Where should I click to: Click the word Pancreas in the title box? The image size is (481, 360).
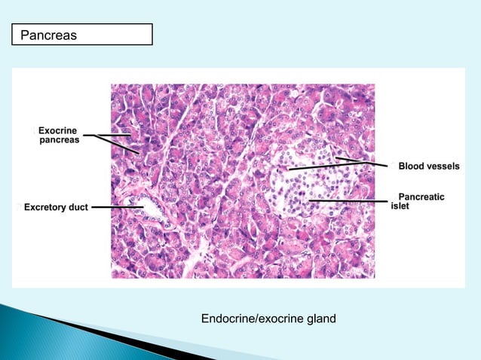pyautogui.click(x=48, y=35)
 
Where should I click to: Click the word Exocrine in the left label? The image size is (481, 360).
pyautogui.click(x=58, y=131)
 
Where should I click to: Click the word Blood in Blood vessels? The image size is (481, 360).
pyautogui.click(x=412, y=166)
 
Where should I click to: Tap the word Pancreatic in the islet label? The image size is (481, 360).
pyautogui.click(x=421, y=197)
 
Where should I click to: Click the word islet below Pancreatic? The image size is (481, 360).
pyautogui.click(x=400, y=206)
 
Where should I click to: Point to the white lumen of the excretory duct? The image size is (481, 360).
pyautogui.click(x=145, y=205)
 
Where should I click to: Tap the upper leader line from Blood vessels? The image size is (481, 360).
pyautogui.click(x=362, y=160)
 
